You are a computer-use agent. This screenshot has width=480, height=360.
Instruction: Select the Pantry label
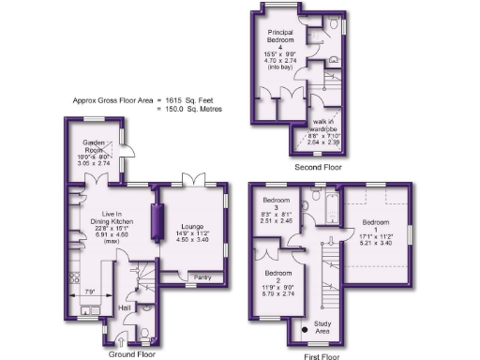tap(202, 277)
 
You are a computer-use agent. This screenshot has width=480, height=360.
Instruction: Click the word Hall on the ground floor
tap(125, 307)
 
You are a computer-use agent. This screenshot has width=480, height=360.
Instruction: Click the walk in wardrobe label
tap(327, 122)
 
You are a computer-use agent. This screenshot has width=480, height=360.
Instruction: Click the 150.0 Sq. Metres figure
tap(196, 108)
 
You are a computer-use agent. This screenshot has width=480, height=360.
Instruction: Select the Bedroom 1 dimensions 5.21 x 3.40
tap(376, 242)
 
